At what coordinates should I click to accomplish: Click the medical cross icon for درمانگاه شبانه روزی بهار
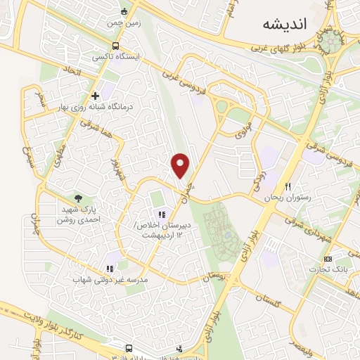pos(96,96)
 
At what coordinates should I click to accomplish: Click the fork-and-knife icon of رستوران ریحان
pos(287,186)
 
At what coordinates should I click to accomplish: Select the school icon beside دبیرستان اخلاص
pos(161,214)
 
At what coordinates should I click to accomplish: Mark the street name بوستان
pos(216,277)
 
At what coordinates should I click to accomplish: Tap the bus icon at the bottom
pos(129,349)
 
